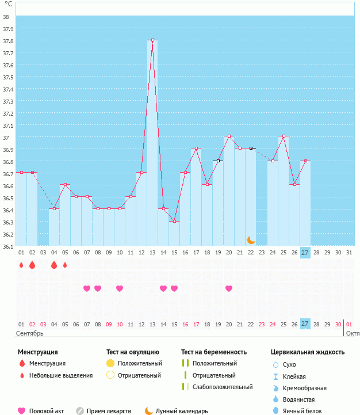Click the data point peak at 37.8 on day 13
click(x=152, y=40)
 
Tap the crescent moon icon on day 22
click(x=251, y=239)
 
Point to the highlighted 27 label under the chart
click(x=305, y=252)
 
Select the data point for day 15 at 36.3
click(x=174, y=222)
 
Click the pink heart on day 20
click(x=229, y=288)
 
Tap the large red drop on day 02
click(x=32, y=265)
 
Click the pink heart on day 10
click(x=120, y=288)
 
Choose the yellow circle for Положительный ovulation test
click(x=110, y=363)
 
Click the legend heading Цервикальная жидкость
click(x=308, y=352)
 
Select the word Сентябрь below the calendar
click(x=30, y=333)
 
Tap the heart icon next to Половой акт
click(x=22, y=411)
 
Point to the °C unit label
click(x=8, y=4)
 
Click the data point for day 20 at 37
click(x=229, y=136)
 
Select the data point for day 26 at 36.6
click(x=294, y=185)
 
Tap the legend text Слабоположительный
click(x=223, y=387)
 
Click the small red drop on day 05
click(x=65, y=265)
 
